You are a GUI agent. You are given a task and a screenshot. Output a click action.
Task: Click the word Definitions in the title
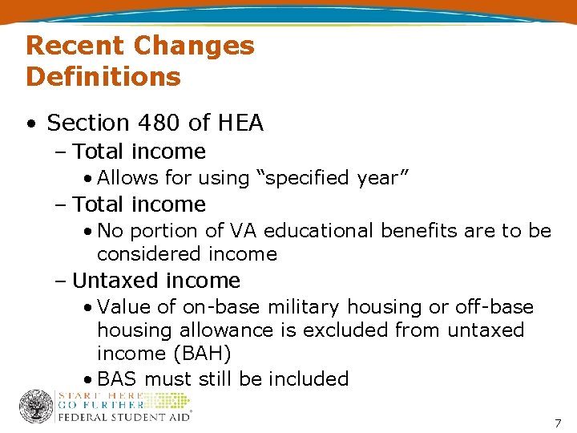103,77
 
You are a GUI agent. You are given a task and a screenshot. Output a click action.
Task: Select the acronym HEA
238,123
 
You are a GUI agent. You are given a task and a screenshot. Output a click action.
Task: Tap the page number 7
558,423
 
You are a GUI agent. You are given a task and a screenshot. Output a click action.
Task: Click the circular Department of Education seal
35,407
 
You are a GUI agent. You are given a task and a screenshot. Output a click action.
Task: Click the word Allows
127,178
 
